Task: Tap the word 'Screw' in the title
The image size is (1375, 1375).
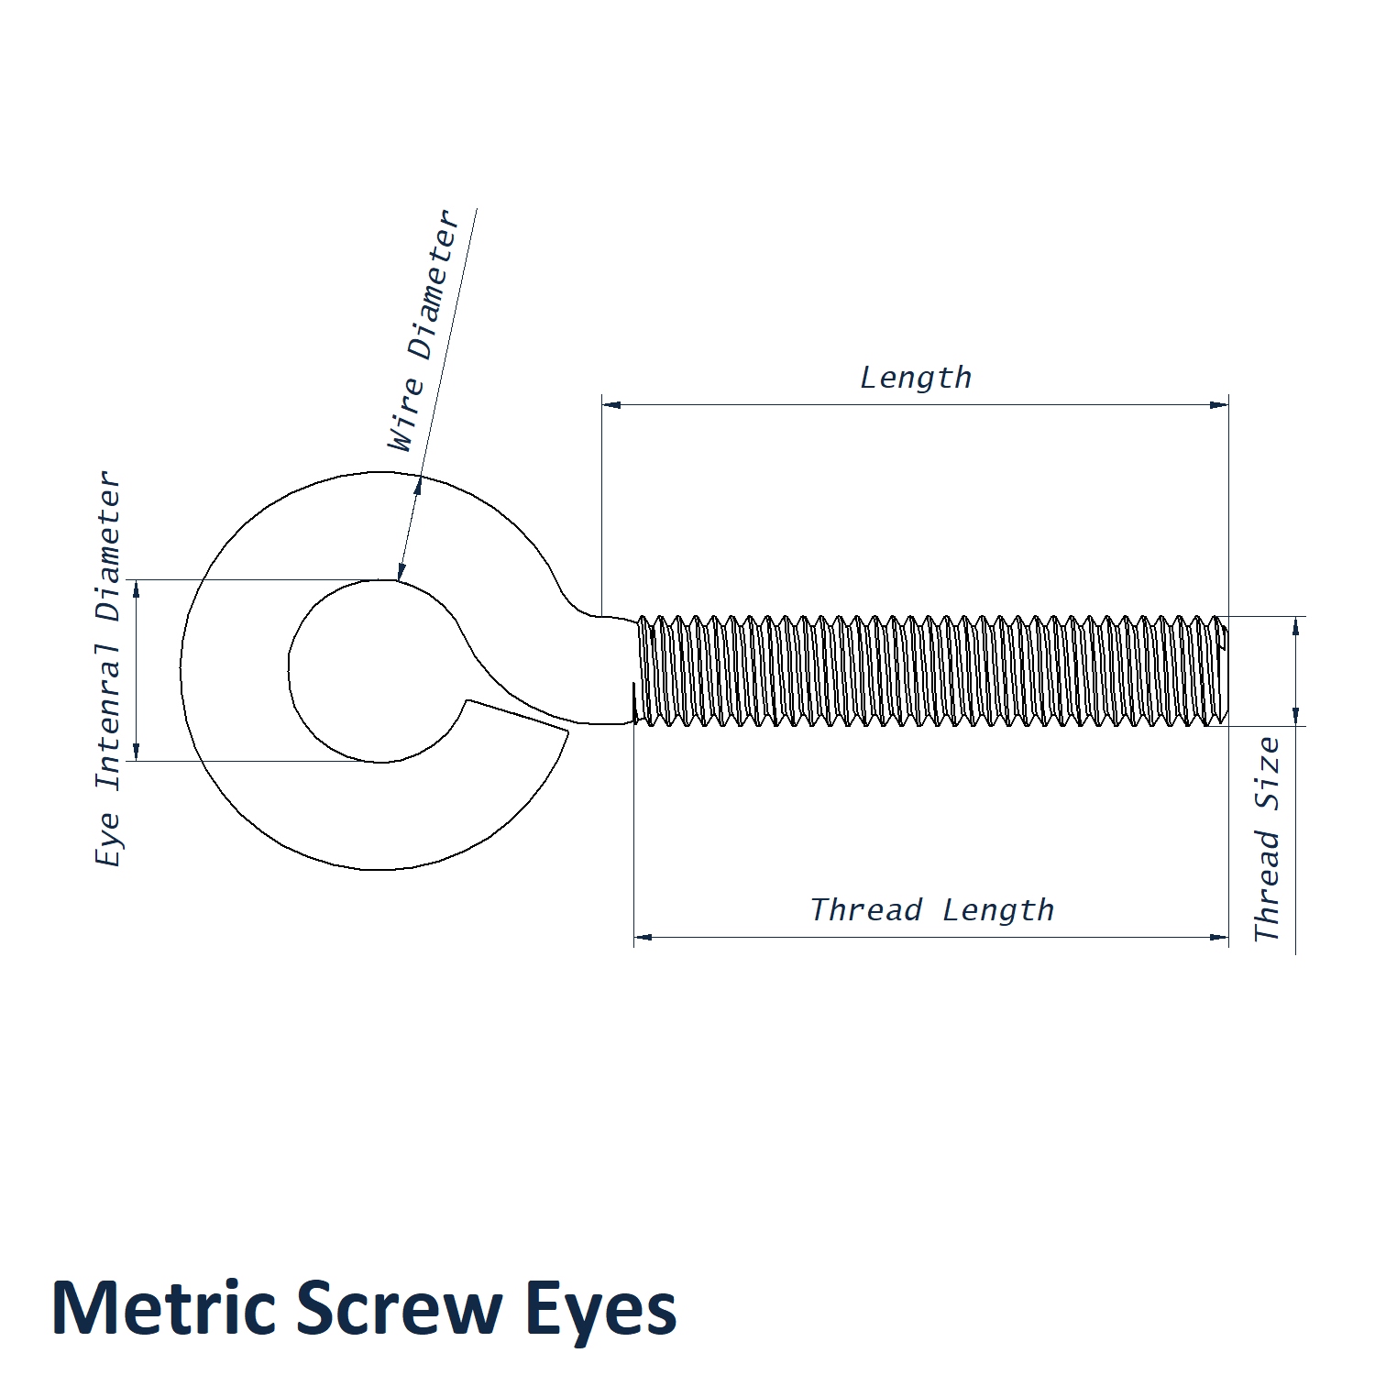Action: [397, 1307]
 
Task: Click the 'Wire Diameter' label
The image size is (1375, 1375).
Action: [423, 330]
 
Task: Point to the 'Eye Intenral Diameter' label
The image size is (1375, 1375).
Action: [108, 668]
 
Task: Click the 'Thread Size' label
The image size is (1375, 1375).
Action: [1267, 839]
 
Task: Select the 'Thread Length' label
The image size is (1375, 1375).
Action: [932, 909]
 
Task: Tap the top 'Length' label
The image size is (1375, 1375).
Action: [916, 377]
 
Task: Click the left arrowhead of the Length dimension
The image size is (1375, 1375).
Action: [611, 404]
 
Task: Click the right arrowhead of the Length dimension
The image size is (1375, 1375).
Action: [1219, 404]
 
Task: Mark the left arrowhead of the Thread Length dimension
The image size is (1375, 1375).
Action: [643, 937]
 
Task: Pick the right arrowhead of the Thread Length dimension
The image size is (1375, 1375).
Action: [1219, 937]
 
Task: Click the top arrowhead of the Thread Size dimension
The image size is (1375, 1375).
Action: [1295, 626]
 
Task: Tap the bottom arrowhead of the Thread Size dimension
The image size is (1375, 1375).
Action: [1295, 716]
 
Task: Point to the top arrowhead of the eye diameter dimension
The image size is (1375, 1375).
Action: [137, 589]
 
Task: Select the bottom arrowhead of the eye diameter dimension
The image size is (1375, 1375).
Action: [137, 751]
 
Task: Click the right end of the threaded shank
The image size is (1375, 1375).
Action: [1226, 671]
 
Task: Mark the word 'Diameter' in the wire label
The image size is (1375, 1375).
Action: [434, 285]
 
